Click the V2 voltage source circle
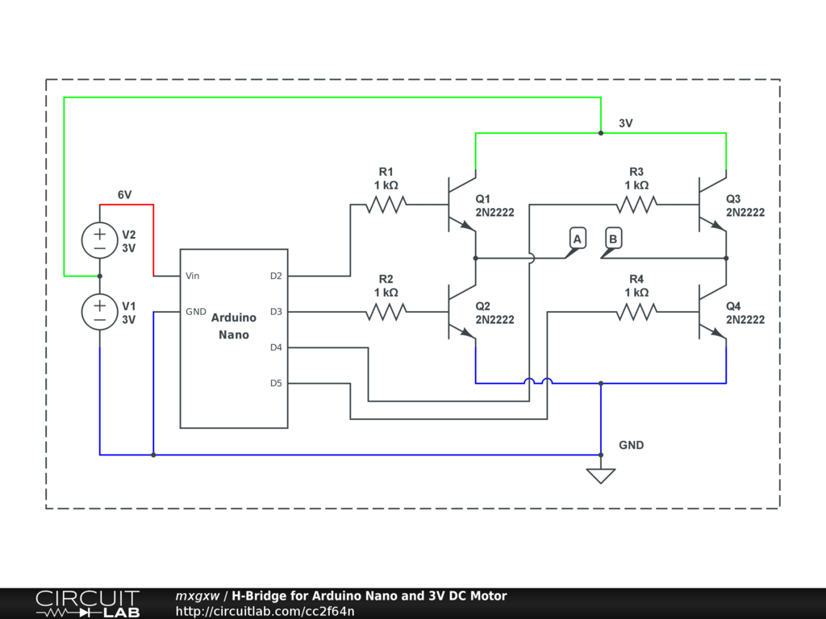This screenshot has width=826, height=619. click(x=99, y=240)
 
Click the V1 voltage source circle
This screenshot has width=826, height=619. click(x=99, y=311)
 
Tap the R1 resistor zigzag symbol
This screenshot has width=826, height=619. click(x=386, y=205)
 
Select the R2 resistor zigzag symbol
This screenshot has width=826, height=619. click(x=386, y=312)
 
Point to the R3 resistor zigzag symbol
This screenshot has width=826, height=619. click(x=636, y=205)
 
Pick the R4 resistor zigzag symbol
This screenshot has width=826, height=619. click(x=636, y=312)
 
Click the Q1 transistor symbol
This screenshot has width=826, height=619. click(x=461, y=205)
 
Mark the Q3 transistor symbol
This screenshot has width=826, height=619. click(x=712, y=205)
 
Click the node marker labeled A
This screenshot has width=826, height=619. click(x=576, y=239)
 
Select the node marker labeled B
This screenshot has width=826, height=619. click(x=613, y=239)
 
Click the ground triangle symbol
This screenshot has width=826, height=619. click(x=601, y=476)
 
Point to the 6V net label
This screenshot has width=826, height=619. click(x=124, y=195)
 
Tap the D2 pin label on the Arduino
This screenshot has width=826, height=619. click(x=276, y=276)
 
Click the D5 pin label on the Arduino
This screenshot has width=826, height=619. click(x=276, y=383)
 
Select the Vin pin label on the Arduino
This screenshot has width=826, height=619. click(x=193, y=276)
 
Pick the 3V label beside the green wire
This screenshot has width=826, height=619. click(x=625, y=123)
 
